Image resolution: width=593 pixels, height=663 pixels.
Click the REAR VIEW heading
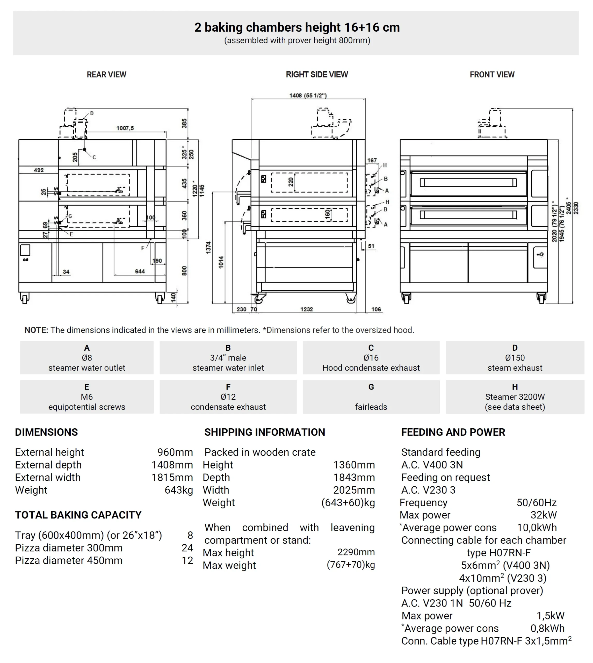click(106, 75)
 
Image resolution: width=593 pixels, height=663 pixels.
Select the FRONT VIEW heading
click(492, 75)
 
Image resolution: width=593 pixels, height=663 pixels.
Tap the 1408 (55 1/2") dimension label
click(308, 96)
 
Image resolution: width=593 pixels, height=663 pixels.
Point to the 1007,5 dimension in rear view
click(125, 128)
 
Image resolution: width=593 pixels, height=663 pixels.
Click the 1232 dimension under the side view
click(306, 309)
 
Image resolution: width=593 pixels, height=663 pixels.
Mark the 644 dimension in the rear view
click(140, 271)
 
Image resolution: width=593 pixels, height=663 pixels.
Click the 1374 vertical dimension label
click(208, 248)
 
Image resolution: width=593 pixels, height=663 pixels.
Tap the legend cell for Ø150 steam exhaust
click(515, 357)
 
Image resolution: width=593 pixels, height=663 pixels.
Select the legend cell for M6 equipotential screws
click(87, 397)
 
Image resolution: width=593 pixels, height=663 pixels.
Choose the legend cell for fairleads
click(371, 397)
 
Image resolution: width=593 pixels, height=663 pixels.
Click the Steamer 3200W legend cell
click(515, 397)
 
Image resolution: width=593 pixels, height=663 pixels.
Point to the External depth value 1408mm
click(172, 465)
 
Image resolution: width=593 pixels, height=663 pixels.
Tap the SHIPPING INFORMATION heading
click(265, 432)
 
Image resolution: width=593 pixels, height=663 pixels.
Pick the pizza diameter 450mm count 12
click(187, 560)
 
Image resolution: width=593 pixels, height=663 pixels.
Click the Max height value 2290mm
click(356, 552)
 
